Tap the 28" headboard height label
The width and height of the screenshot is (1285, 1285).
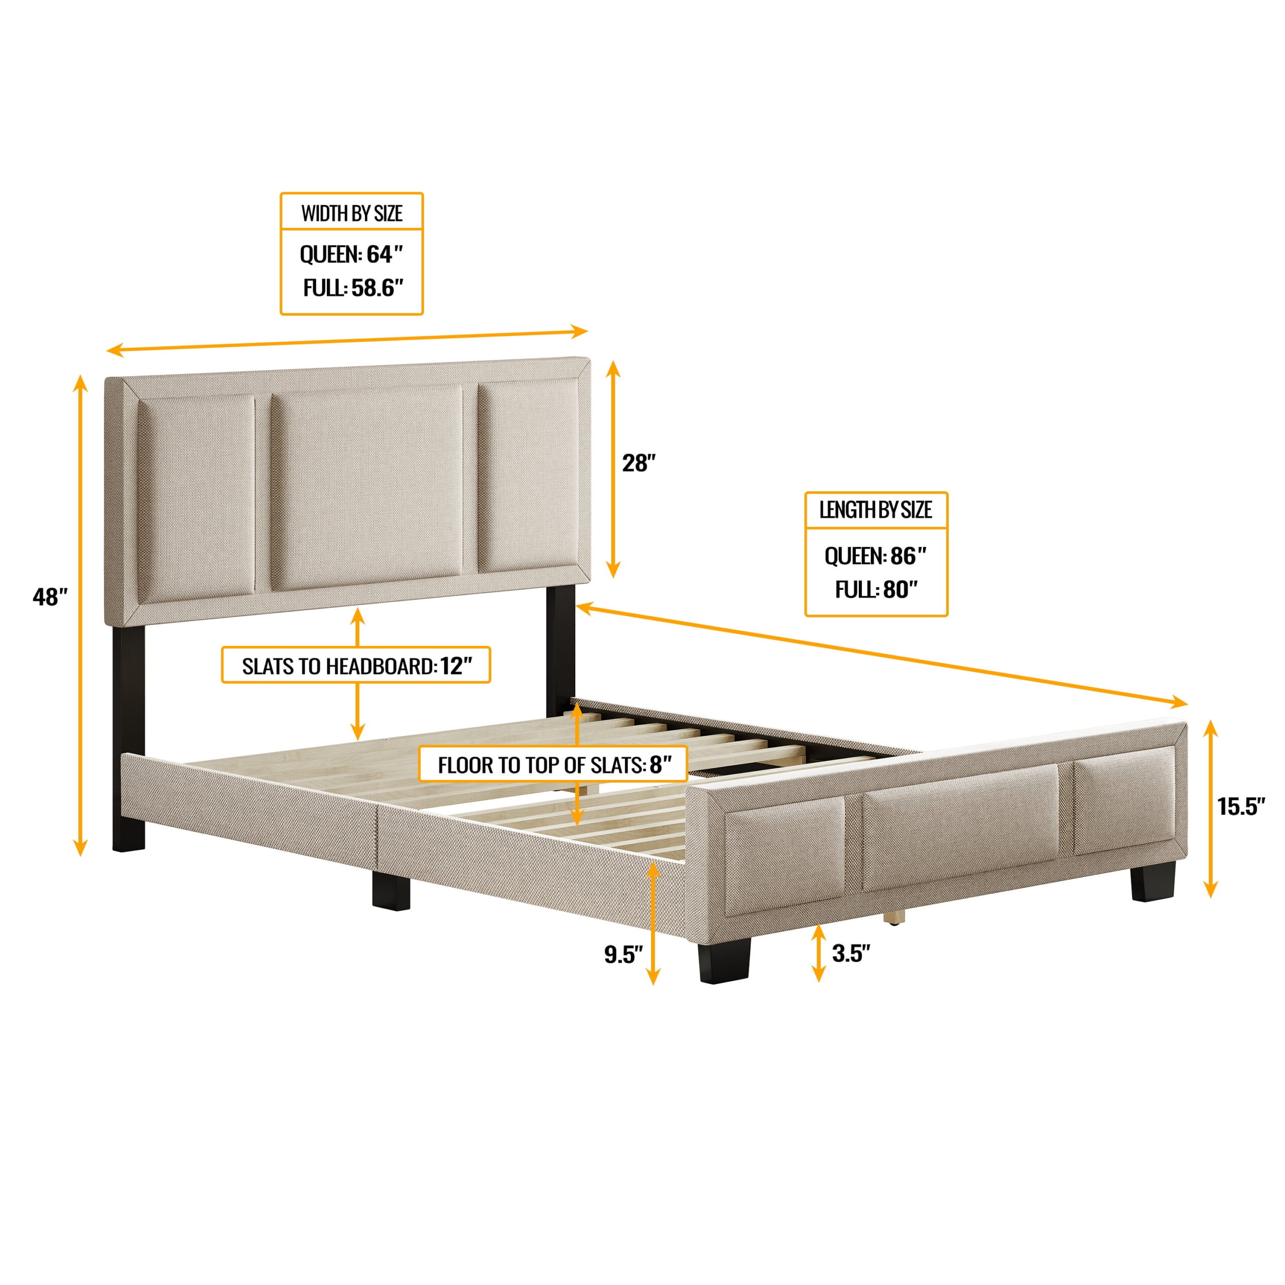click(x=639, y=464)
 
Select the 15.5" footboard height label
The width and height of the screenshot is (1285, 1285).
click(x=1240, y=807)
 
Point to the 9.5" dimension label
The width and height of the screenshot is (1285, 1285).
click(x=623, y=954)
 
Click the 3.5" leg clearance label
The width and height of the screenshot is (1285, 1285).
click(x=851, y=953)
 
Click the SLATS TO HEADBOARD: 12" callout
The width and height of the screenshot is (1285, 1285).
click(x=356, y=666)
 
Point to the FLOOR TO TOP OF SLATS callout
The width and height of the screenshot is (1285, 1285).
click(x=553, y=765)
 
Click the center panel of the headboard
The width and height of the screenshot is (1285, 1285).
click(x=366, y=487)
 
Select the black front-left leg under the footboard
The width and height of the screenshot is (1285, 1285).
click(x=725, y=960)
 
